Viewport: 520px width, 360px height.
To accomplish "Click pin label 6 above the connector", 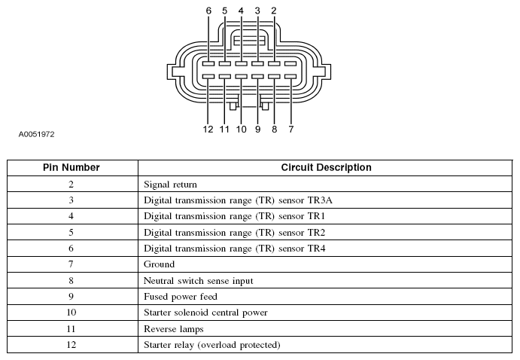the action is pos(208,11).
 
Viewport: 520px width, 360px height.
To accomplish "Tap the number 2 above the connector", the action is pos(274,11).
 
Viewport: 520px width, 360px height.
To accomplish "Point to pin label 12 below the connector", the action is pos(208,129).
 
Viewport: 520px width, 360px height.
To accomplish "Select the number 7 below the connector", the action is pos(290,129).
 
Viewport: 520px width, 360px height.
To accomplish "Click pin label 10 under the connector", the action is pos(241,129).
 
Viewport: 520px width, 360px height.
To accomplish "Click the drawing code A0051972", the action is pos(36,134).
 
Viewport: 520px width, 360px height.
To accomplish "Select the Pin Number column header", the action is pos(71,167).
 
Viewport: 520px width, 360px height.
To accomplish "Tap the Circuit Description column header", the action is pos(327,167).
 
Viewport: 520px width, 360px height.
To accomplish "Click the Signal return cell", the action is pos(170,185).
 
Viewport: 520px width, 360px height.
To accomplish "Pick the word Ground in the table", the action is pos(159,264).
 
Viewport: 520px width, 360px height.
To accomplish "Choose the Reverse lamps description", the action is pos(173,329).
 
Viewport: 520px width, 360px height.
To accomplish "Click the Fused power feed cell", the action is pos(181,296).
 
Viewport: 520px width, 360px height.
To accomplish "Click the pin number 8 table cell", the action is pos(71,280).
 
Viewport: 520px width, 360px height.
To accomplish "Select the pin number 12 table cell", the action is pos(71,345).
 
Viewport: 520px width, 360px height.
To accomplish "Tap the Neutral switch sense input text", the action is pos(199,281).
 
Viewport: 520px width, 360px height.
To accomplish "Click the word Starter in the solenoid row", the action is pos(157,313).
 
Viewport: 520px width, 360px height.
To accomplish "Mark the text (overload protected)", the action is pos(239,345).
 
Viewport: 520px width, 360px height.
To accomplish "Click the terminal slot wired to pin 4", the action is pos(241,63).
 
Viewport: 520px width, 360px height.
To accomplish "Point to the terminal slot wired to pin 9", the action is pos(257,77).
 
